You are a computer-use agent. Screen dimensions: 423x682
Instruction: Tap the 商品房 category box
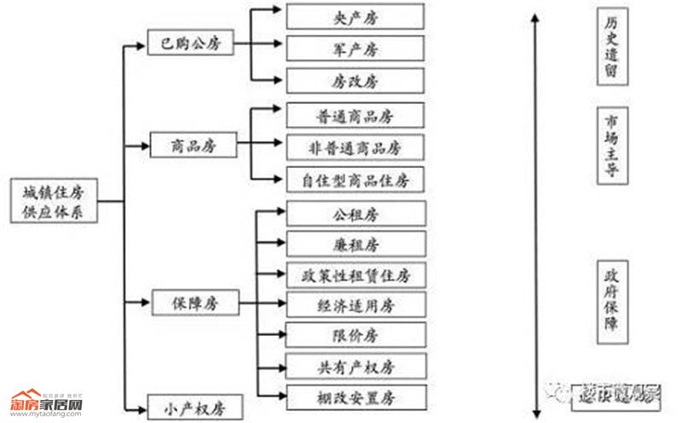193,146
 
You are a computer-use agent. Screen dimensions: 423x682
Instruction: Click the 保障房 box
192,301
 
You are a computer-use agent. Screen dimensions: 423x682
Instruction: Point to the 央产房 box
355,16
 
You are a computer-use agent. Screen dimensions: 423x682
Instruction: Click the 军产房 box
355,48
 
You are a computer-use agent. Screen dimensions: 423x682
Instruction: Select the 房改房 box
355,81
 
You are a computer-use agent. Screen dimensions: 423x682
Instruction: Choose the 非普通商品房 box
355,147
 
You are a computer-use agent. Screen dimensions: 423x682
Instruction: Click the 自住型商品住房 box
355,180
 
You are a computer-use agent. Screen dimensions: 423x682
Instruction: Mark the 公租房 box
355,212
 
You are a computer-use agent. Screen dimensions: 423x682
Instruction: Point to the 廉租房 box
355,244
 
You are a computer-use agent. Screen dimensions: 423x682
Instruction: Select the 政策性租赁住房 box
355,275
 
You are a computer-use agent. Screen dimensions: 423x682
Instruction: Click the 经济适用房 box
355,304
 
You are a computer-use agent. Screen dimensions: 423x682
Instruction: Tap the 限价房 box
355,335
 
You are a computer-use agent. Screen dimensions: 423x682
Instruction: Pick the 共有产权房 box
355,367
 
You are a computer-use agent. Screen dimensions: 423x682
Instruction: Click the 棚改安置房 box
355,397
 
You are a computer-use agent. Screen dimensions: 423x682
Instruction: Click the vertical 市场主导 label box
610,144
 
